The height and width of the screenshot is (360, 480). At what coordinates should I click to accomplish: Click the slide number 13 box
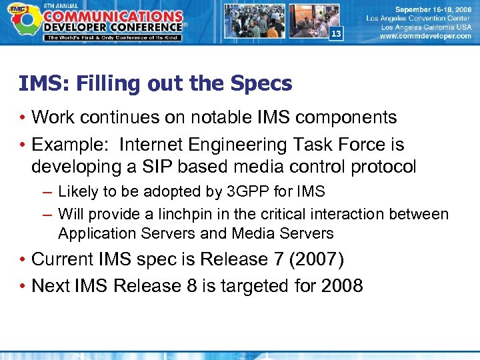[336, 34]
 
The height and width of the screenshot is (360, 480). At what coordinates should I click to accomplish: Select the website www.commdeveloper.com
[425, 37]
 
